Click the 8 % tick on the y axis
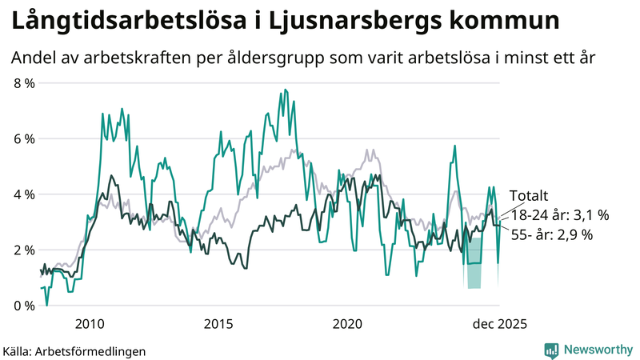coord(23,83)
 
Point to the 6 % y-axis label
coord(23,139)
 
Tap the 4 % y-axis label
coord(23,194)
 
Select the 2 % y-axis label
coord(23,250)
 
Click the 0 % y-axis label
coord(23,306)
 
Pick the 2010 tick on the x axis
coord(90,324)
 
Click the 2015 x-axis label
coord(218,324)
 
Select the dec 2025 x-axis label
coord(499,324)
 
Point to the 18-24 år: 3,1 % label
coord(559,215)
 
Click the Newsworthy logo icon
coord(551,350)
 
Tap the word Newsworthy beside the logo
coord(598,350)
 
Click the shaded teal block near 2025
coord(474,275)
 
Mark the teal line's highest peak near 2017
coord(284,91)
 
